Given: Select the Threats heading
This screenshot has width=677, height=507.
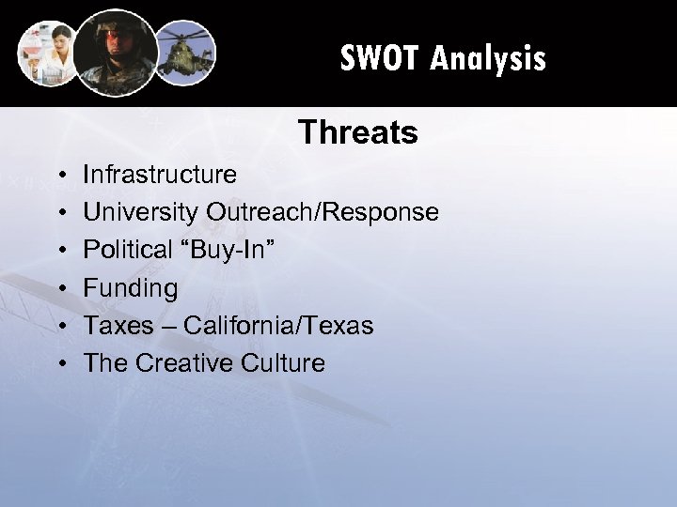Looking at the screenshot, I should [x=357, y=134].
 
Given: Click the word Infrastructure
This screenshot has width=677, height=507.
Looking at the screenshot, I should [x=161, y=175].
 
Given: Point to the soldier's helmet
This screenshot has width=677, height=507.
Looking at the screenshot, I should [x=116, y=28].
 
